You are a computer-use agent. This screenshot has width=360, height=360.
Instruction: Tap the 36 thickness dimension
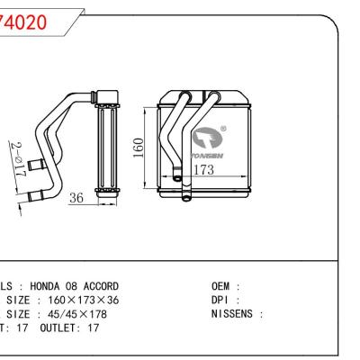[x=77, y=199]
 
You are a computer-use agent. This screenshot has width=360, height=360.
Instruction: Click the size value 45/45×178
[x=71, y=314]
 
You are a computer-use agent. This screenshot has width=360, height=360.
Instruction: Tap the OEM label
[x=220, y=285]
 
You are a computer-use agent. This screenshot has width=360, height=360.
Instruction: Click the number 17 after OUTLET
[x=94, y=328]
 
